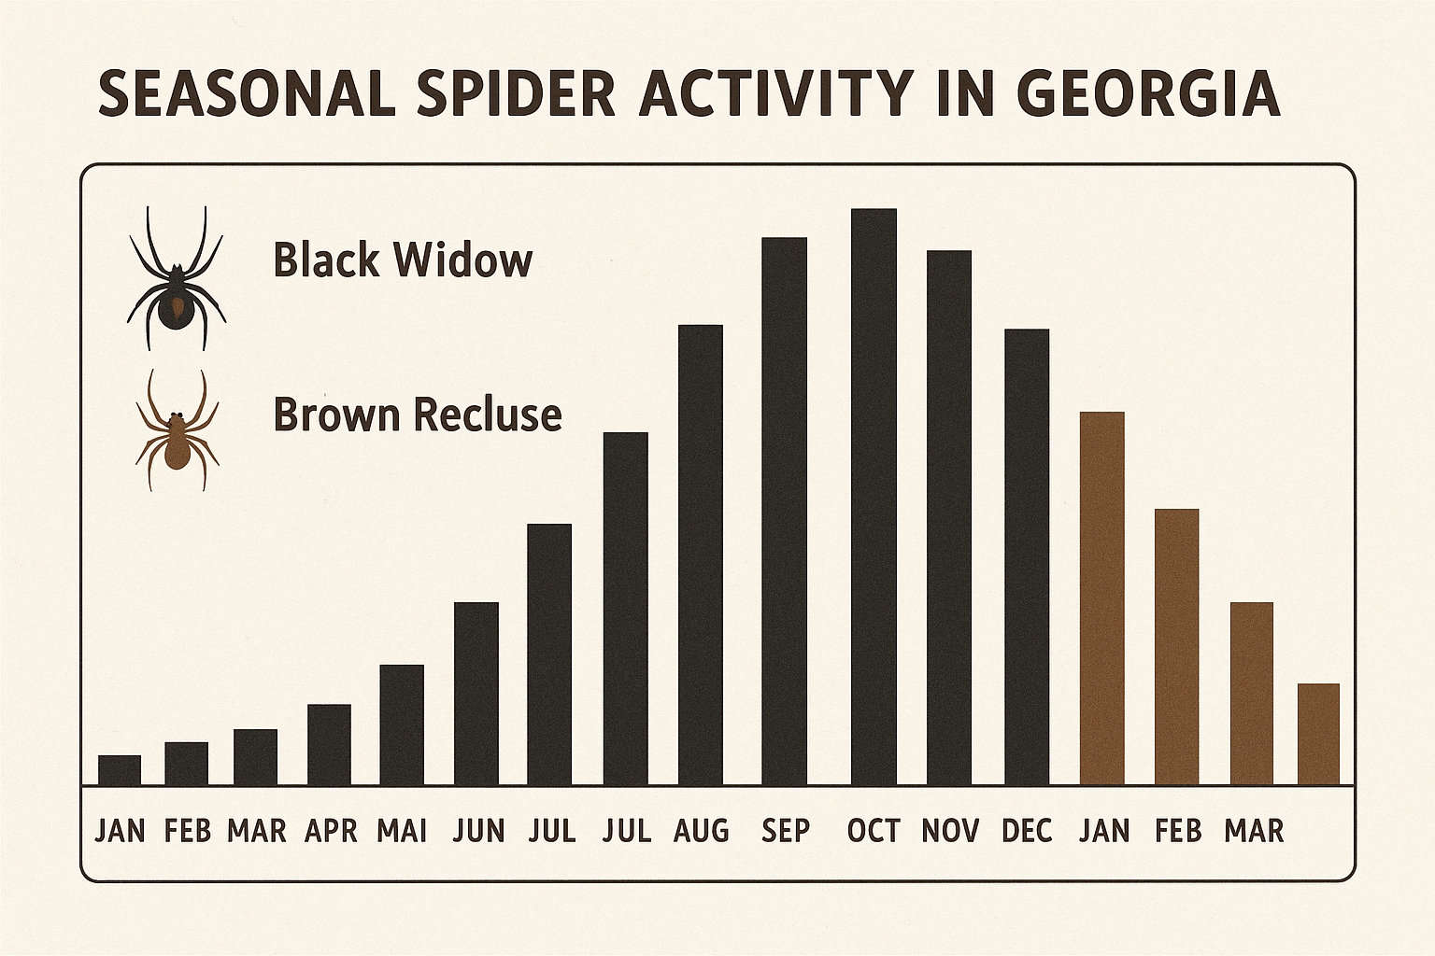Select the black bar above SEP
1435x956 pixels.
pyautogui.click(x=784, y=511)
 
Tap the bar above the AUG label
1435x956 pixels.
pyautogui.click(x=700, y=555)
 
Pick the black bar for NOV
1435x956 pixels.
pyautogui.click(x=948, y=517)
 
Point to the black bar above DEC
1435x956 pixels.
pyautogui.click(x=1026, y=556)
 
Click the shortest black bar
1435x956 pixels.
pyautogui.click(x=120, y=770)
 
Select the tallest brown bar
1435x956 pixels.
pyautogui.click(x=1101, y=597)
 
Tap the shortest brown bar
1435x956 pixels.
pyautogui.click(x=1318, y=734)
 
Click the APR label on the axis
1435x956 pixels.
pyautogui.click(x=331, y=830)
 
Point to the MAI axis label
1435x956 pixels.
pyautogui.click(x=402, y=830)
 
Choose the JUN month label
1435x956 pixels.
pyautogui.click(x=478, y=830)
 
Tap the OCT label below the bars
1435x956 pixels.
pyautogui.click(x=874, y=830)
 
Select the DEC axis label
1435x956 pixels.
pyautogui.click(x=1027, y=830)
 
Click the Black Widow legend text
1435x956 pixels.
pyautogui.click(x=403, y=260)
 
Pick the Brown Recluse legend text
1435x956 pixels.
pyautogui.click(x=418, y=414)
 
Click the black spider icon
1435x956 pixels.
pyautogui.click(x=177, y=280)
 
